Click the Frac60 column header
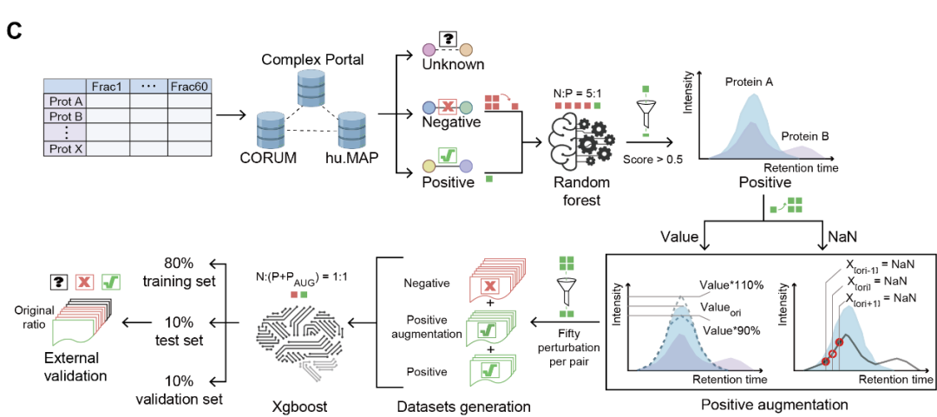coord(190,87)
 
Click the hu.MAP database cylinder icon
coord(352,129)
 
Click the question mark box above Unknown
coord(448,40)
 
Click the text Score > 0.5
coord(654,160)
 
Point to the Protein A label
coord(750,81)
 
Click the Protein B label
coord(804,136)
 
